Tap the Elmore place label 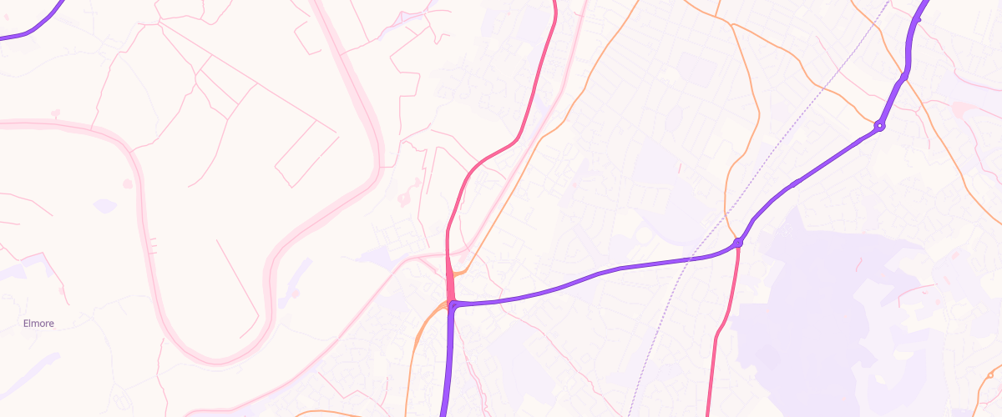(x=38, y=323)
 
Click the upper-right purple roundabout (x=878, y=126)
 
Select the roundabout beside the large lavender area (x=737, y=243)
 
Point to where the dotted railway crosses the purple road (x=692, y=259)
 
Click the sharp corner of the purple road (x=453, y=306)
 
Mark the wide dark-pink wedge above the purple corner (x=451, y=284)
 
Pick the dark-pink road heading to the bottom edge (x=712, y=375)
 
